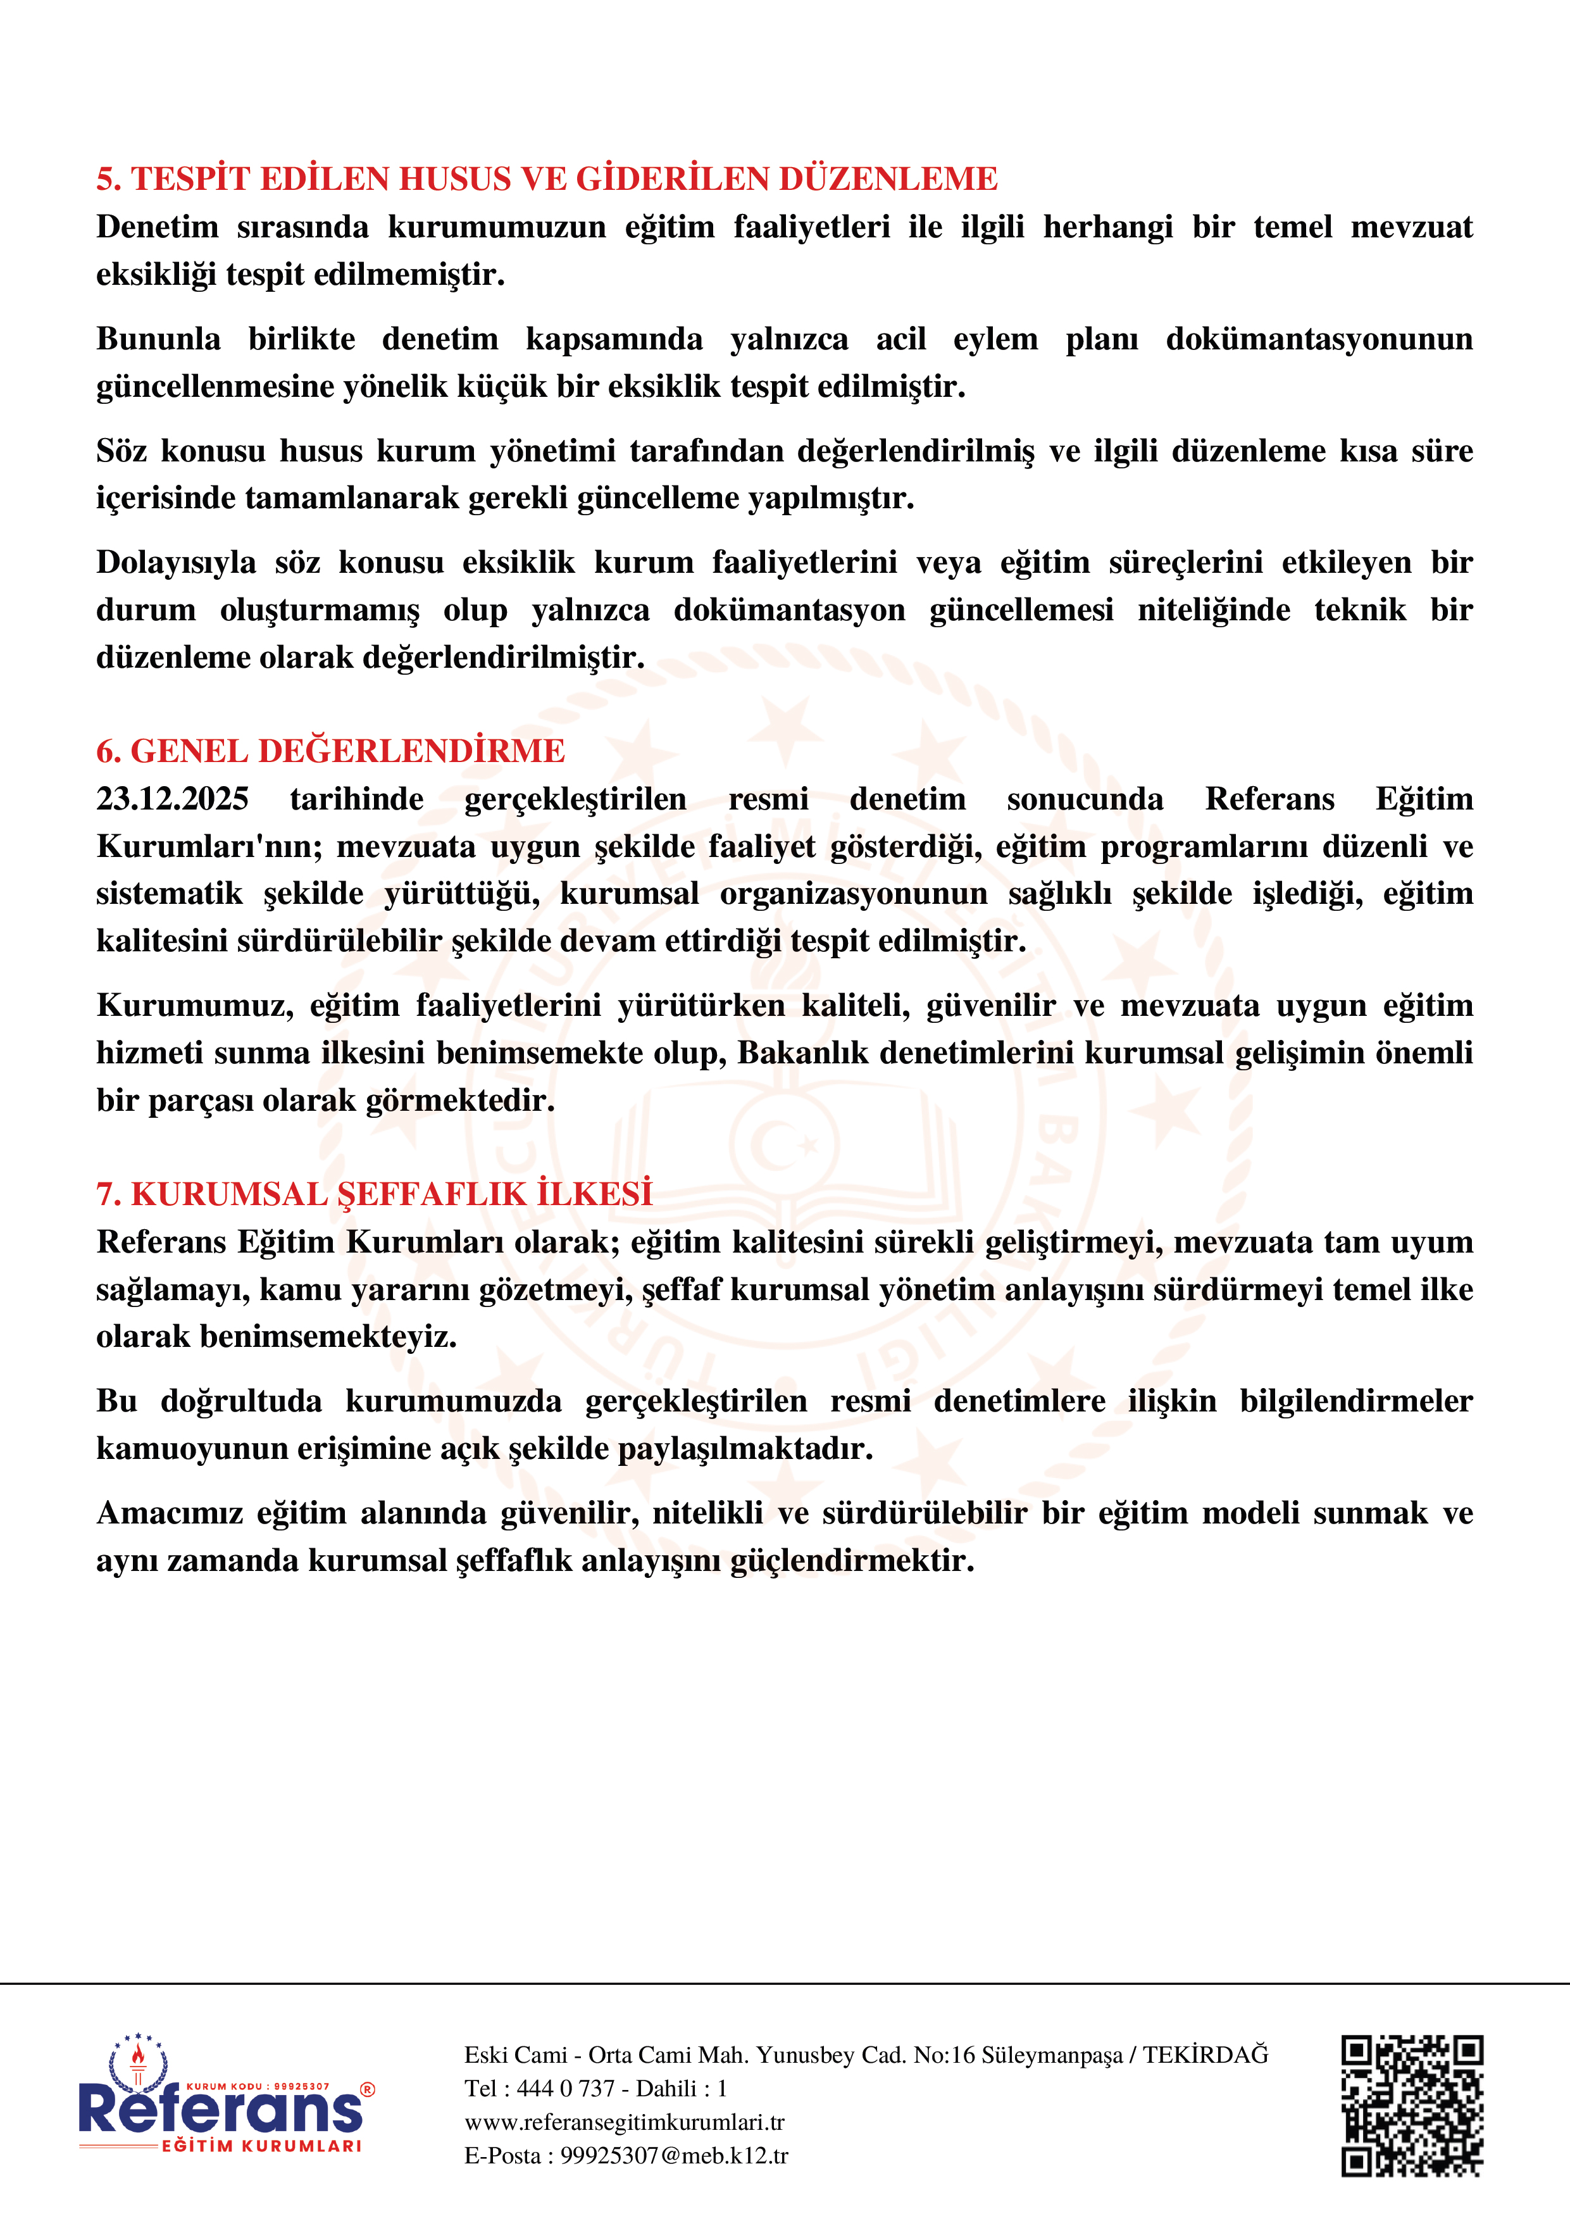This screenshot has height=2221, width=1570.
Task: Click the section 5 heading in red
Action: click(x=547, y=179)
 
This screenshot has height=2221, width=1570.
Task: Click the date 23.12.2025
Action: click(x=172, y=799)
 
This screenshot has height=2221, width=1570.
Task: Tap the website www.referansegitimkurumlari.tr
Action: click(x=624, y=2122)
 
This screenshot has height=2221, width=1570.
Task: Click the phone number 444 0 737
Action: click(x=566, y=2089)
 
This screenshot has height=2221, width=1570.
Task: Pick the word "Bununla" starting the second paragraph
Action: click(x=158, y=339)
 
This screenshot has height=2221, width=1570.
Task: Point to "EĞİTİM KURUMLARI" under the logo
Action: click(x=261, y=2146)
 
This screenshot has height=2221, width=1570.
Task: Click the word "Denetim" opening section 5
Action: click(x=157, y=227)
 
